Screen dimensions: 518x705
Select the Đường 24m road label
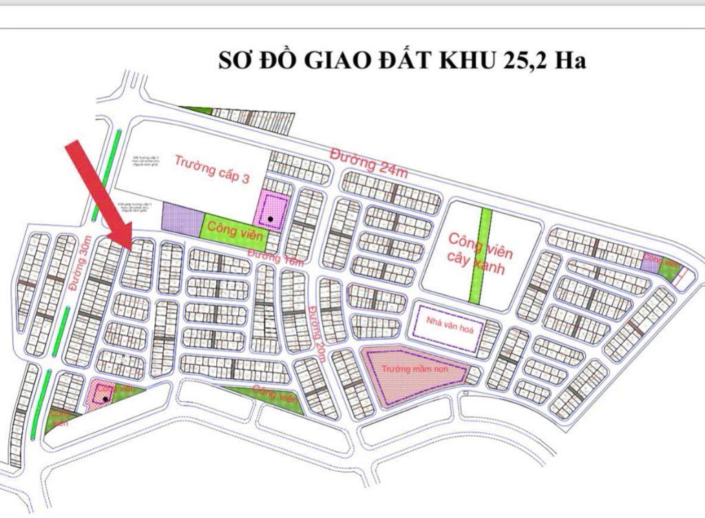[368, 162]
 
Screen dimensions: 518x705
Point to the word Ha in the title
[571, 61]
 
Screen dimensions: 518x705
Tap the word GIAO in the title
[333, 61]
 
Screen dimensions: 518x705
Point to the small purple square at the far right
[649, 262]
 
